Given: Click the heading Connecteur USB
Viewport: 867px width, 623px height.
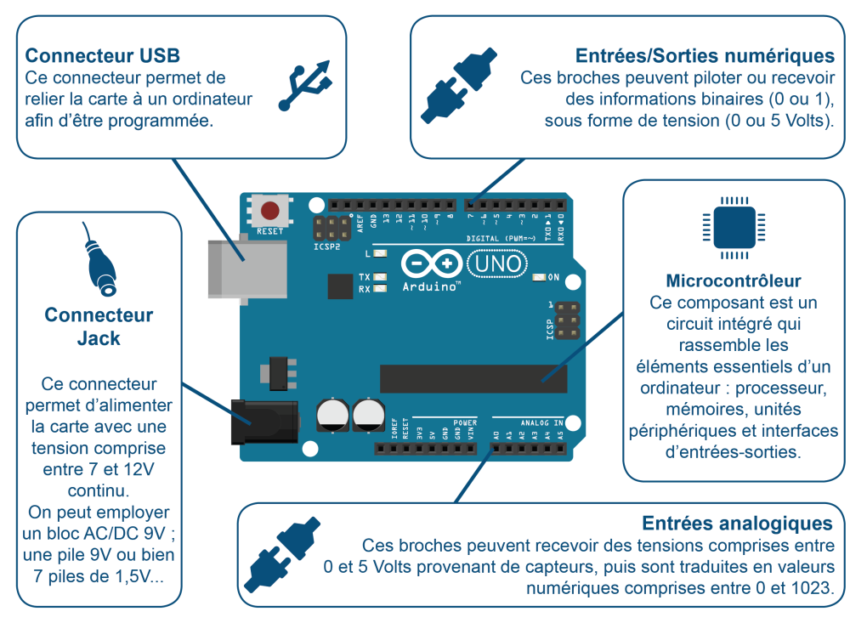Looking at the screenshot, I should [x=103, y=56].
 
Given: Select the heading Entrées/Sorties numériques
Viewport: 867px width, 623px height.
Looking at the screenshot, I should [x=705, y=56].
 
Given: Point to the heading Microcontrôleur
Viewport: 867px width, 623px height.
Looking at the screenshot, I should [x=734, y=280].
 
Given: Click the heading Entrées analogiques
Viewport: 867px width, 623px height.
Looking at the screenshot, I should [x=737, y=523].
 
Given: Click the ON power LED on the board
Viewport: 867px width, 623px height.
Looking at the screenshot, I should [x=538, y=277].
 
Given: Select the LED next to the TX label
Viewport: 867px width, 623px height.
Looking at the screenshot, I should [x=379, y=277].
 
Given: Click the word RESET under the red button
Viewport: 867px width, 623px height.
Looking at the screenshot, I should [x=270, y=231].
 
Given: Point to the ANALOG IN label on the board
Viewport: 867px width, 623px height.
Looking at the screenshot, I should [x=541, y=422].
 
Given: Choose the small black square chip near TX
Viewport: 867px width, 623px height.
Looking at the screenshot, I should [x=339, y=286].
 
